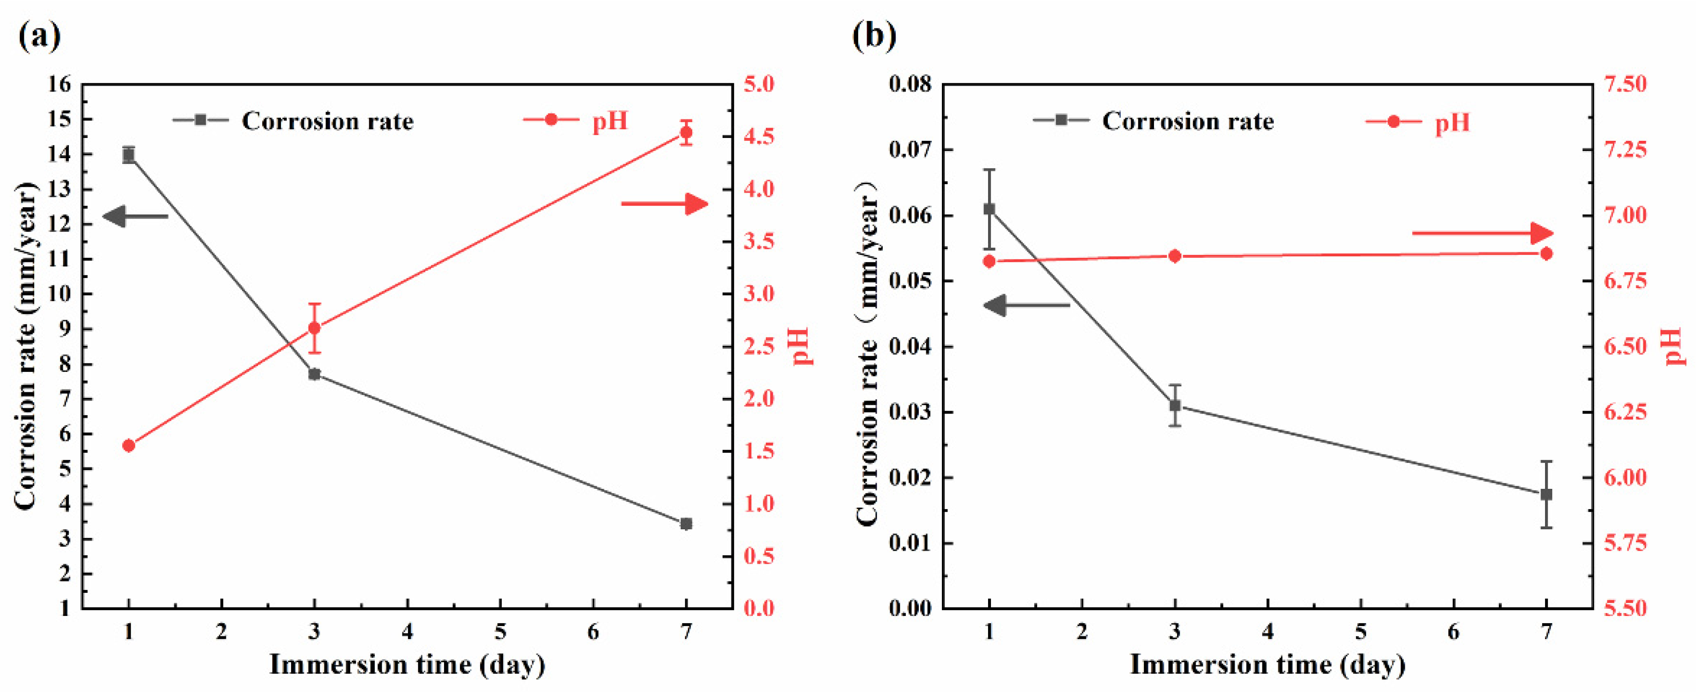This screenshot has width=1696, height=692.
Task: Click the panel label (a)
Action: coord(40,36)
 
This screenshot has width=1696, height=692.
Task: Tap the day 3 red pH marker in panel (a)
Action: coord(315,328)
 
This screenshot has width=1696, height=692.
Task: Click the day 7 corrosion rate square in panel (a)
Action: coord(686,523)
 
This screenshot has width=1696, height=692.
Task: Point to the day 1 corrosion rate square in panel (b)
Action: coord(989,209)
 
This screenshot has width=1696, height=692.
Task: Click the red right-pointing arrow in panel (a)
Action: coord(665,204)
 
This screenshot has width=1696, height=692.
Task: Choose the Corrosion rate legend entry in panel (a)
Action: coord(293,121)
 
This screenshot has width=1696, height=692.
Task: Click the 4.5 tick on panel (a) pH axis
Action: coord(759,137)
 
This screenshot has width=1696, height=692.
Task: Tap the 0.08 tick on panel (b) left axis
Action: coord(910,84)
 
